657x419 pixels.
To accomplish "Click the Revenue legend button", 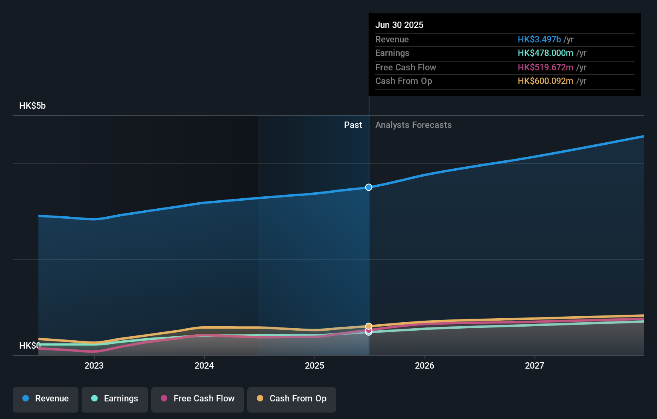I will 46,399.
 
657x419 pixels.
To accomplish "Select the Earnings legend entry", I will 115,399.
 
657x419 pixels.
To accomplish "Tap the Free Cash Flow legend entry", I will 198,399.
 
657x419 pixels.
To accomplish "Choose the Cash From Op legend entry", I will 292,399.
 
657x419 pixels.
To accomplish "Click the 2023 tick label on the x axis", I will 94,365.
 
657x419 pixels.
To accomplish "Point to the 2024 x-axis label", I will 204,365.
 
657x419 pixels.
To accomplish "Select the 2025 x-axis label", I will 314,365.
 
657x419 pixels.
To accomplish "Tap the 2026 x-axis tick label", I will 425,365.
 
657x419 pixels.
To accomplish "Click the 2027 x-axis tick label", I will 535,365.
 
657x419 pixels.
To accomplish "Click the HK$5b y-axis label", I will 32,106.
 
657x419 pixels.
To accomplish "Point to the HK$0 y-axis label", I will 30,345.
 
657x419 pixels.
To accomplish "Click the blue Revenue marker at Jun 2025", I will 369,187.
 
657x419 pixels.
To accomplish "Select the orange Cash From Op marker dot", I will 369,326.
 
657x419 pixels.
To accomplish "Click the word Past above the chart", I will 353,125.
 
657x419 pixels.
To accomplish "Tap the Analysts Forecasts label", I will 413,125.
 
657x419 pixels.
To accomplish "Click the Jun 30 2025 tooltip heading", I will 399,25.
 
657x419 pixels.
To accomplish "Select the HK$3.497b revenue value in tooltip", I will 539,40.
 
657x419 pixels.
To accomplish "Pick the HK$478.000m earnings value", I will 545,53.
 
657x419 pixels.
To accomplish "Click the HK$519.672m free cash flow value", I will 545,68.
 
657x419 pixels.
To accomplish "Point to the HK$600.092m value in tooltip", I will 545,81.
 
